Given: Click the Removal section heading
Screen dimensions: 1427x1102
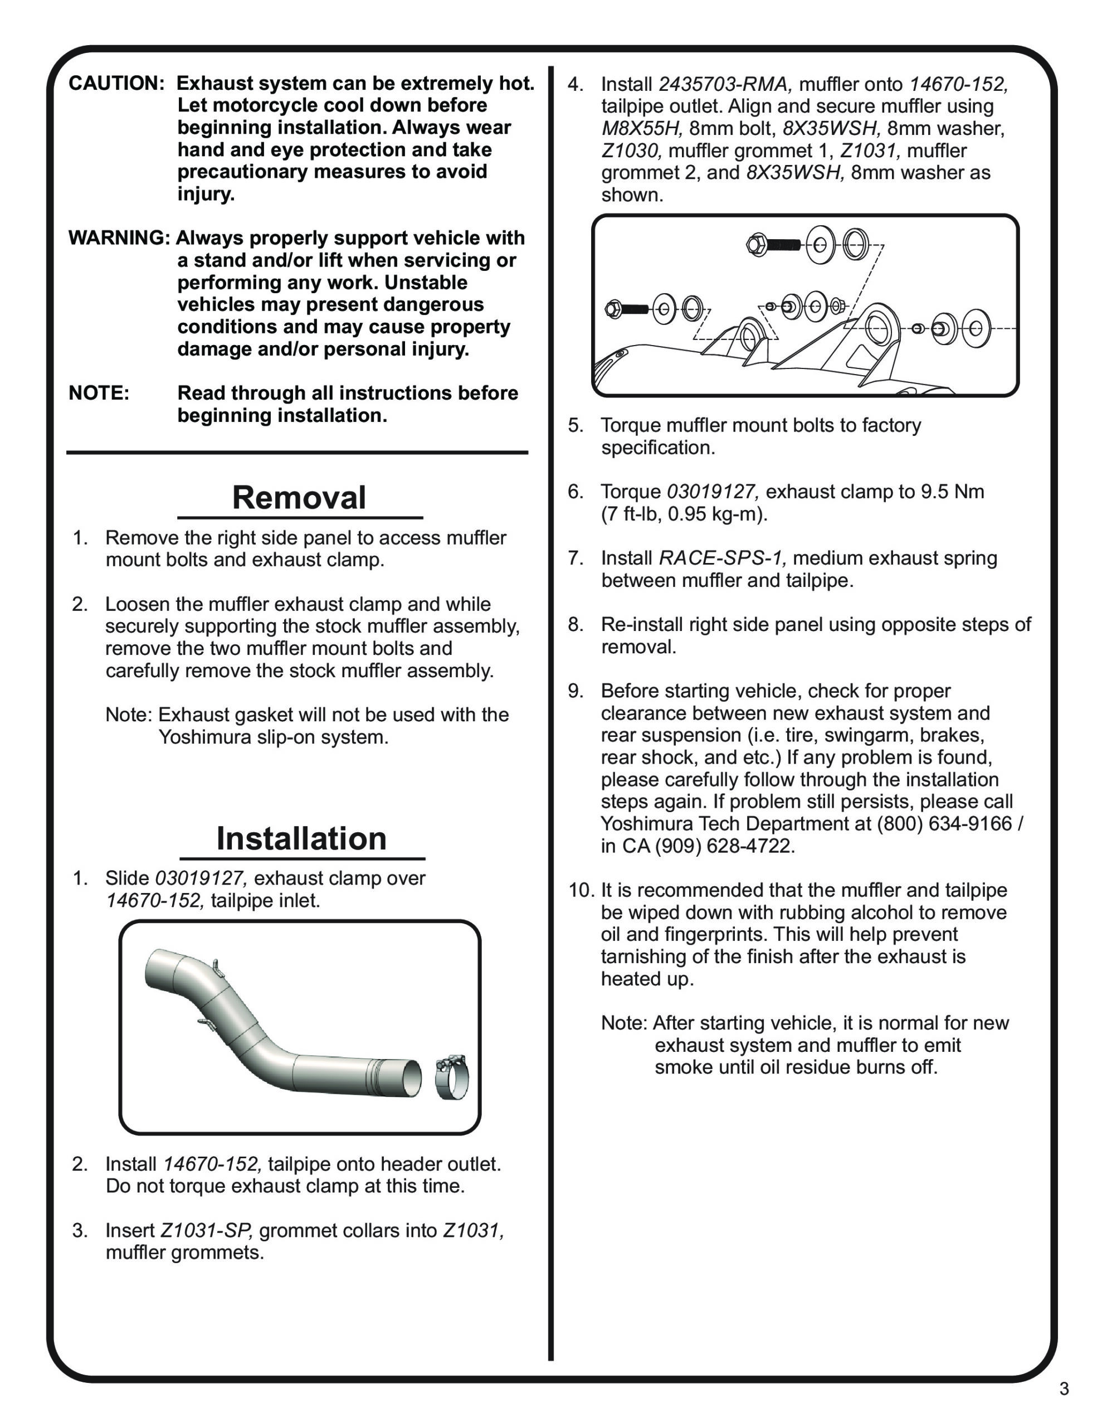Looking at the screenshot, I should coord(299,498).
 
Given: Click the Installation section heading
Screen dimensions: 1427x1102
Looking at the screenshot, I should coord(301,838).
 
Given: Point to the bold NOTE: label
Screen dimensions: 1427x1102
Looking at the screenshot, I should coord(99,394).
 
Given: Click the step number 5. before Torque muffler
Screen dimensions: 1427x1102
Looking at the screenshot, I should coord(575,425).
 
